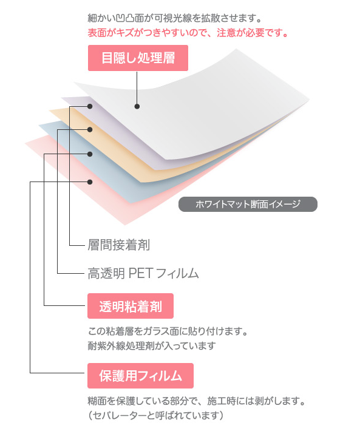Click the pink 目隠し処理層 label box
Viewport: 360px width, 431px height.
138,58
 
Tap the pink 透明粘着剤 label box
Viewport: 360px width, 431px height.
131,306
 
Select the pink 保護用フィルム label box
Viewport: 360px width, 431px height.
140,376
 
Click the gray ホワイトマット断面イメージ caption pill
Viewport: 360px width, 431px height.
248,204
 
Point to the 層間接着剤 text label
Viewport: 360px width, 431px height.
119,245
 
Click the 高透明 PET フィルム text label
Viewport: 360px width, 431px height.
143,274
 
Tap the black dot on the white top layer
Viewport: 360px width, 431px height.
137,106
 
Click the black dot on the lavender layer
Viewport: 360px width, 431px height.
90,106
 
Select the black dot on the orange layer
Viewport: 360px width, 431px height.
90,129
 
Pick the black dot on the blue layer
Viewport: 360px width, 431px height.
90,154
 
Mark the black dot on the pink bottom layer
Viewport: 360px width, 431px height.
90,182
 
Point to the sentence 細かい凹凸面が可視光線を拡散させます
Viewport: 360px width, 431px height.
175,18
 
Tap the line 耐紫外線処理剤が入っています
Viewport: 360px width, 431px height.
152,346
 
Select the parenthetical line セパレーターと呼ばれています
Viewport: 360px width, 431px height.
156,415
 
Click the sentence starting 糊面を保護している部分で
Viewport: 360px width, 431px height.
197,401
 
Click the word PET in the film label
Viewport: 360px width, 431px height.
140,273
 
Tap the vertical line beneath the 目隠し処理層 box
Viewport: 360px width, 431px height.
137,87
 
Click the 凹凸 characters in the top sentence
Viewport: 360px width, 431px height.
125,18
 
